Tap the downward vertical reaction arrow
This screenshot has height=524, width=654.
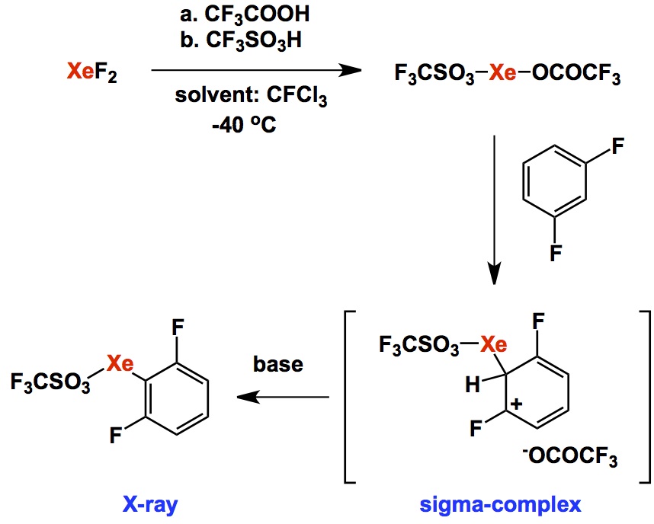(x=496, y=206)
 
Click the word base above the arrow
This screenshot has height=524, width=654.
(x=277, y=364)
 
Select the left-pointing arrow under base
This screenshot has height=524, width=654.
(x=282, y=397)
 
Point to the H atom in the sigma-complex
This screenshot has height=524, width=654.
(x=473, y=386)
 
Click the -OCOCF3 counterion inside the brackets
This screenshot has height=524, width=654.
(x=567, y=459)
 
